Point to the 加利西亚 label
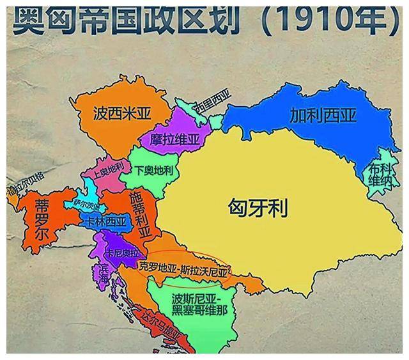[x=322, y=116]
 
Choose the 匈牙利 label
[x=258, y=207]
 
